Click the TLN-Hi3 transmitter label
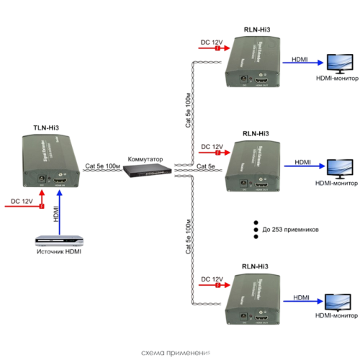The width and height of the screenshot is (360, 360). coord(45,127)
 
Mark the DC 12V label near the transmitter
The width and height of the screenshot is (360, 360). coord(22,201)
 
